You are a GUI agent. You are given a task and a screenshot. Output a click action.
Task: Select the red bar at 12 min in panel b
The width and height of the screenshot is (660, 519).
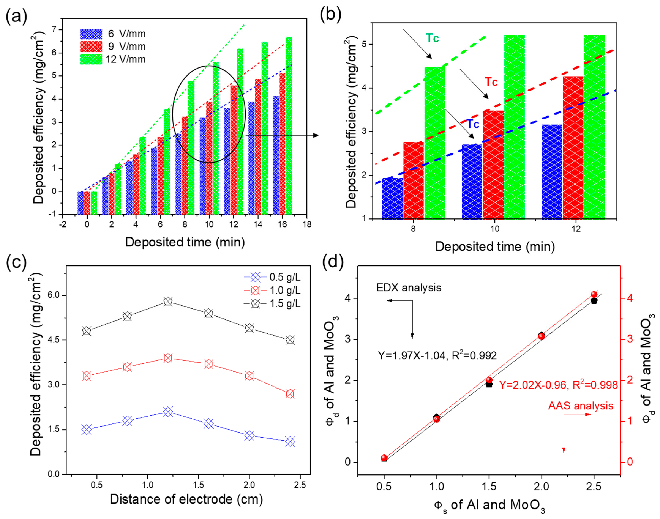[x=573, y=147]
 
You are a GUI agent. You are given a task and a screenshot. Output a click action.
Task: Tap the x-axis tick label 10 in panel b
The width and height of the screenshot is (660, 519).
[x=495, y=228]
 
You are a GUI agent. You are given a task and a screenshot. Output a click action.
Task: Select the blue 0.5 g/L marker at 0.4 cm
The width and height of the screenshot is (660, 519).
[x=87, y=430]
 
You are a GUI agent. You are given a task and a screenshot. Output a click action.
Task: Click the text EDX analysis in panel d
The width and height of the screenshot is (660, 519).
[x=409, y=288]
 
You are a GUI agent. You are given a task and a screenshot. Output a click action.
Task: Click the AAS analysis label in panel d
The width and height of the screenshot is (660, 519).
[x=581, y=406]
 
